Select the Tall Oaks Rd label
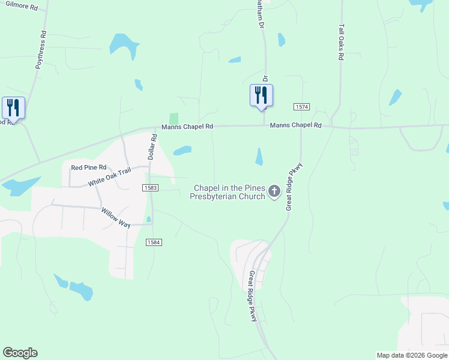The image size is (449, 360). [x=341, y=42]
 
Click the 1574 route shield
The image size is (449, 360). [x=302, y=107]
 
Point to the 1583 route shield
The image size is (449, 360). [x=151, y=188]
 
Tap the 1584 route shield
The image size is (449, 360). [x=153, y=242]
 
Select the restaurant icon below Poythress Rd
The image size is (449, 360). [x=13, y=108]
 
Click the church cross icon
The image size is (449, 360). [x=274, y=191]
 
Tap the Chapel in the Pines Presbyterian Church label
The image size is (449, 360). [x=229, y=192]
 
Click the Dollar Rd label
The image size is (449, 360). [x=154, y=146]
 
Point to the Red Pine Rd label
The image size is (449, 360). [x=88, y=167]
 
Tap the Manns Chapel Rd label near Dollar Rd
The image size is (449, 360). [x=187, y=127]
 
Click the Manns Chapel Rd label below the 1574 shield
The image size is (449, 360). [x=296, y=125]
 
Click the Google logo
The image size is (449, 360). [x=20, y=353]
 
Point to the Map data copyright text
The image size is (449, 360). [x=412, y=355]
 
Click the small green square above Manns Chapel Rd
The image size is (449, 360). [x=174, y=119]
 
